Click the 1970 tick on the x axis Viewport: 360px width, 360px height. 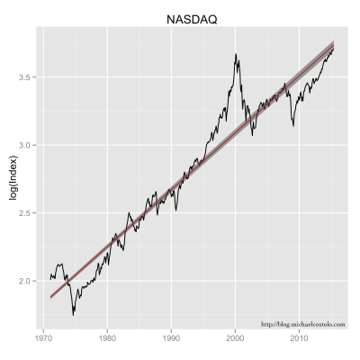click(x=43, y=339)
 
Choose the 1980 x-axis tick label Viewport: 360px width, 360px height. click(x=107, y=339)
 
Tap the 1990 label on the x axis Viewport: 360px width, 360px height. click(x=171, y=339)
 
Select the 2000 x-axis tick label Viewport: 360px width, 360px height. click(x=235, y=339)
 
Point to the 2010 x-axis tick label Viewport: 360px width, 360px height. click(x=299, y=339)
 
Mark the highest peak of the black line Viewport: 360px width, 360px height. click(x=236, y=54)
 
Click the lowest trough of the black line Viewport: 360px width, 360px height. click(x=73, y=314)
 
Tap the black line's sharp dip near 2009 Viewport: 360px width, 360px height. click(x=293, y=125)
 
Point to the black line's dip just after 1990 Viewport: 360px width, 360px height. click(x=175, y=211)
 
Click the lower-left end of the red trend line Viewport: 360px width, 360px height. click(x=50, y=296)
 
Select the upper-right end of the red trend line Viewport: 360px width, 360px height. click(x=334, y=44)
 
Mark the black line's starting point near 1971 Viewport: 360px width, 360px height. click(x=49, y=279)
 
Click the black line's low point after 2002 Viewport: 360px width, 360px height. click(x=252, y=135)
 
